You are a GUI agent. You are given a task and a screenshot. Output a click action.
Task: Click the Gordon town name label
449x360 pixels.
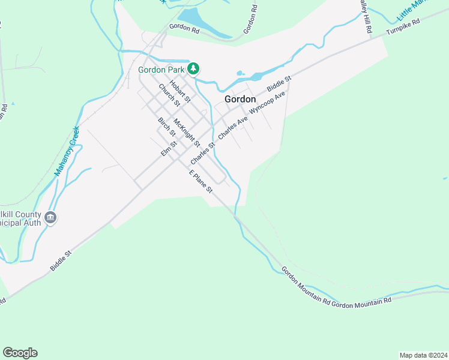(x=240, y=99)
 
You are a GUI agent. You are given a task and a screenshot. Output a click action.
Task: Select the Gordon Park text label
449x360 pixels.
(x=161, y=70)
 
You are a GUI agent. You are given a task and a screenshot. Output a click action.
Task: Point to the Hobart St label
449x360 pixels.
(x=179, y=91)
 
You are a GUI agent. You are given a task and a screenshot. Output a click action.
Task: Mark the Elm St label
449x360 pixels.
(x=169, y=148)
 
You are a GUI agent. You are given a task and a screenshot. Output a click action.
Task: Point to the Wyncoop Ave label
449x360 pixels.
(x=267, y=102)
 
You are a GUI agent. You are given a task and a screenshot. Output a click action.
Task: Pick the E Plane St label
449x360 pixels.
(x=201, y=181)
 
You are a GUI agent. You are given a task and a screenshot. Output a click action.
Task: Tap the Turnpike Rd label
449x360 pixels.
(x=403, y=26)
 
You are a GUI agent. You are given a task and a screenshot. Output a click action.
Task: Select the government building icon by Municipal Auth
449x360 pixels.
(x=50, y=218)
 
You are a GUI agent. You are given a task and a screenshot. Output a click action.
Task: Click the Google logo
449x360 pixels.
(x=20, y=353)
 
